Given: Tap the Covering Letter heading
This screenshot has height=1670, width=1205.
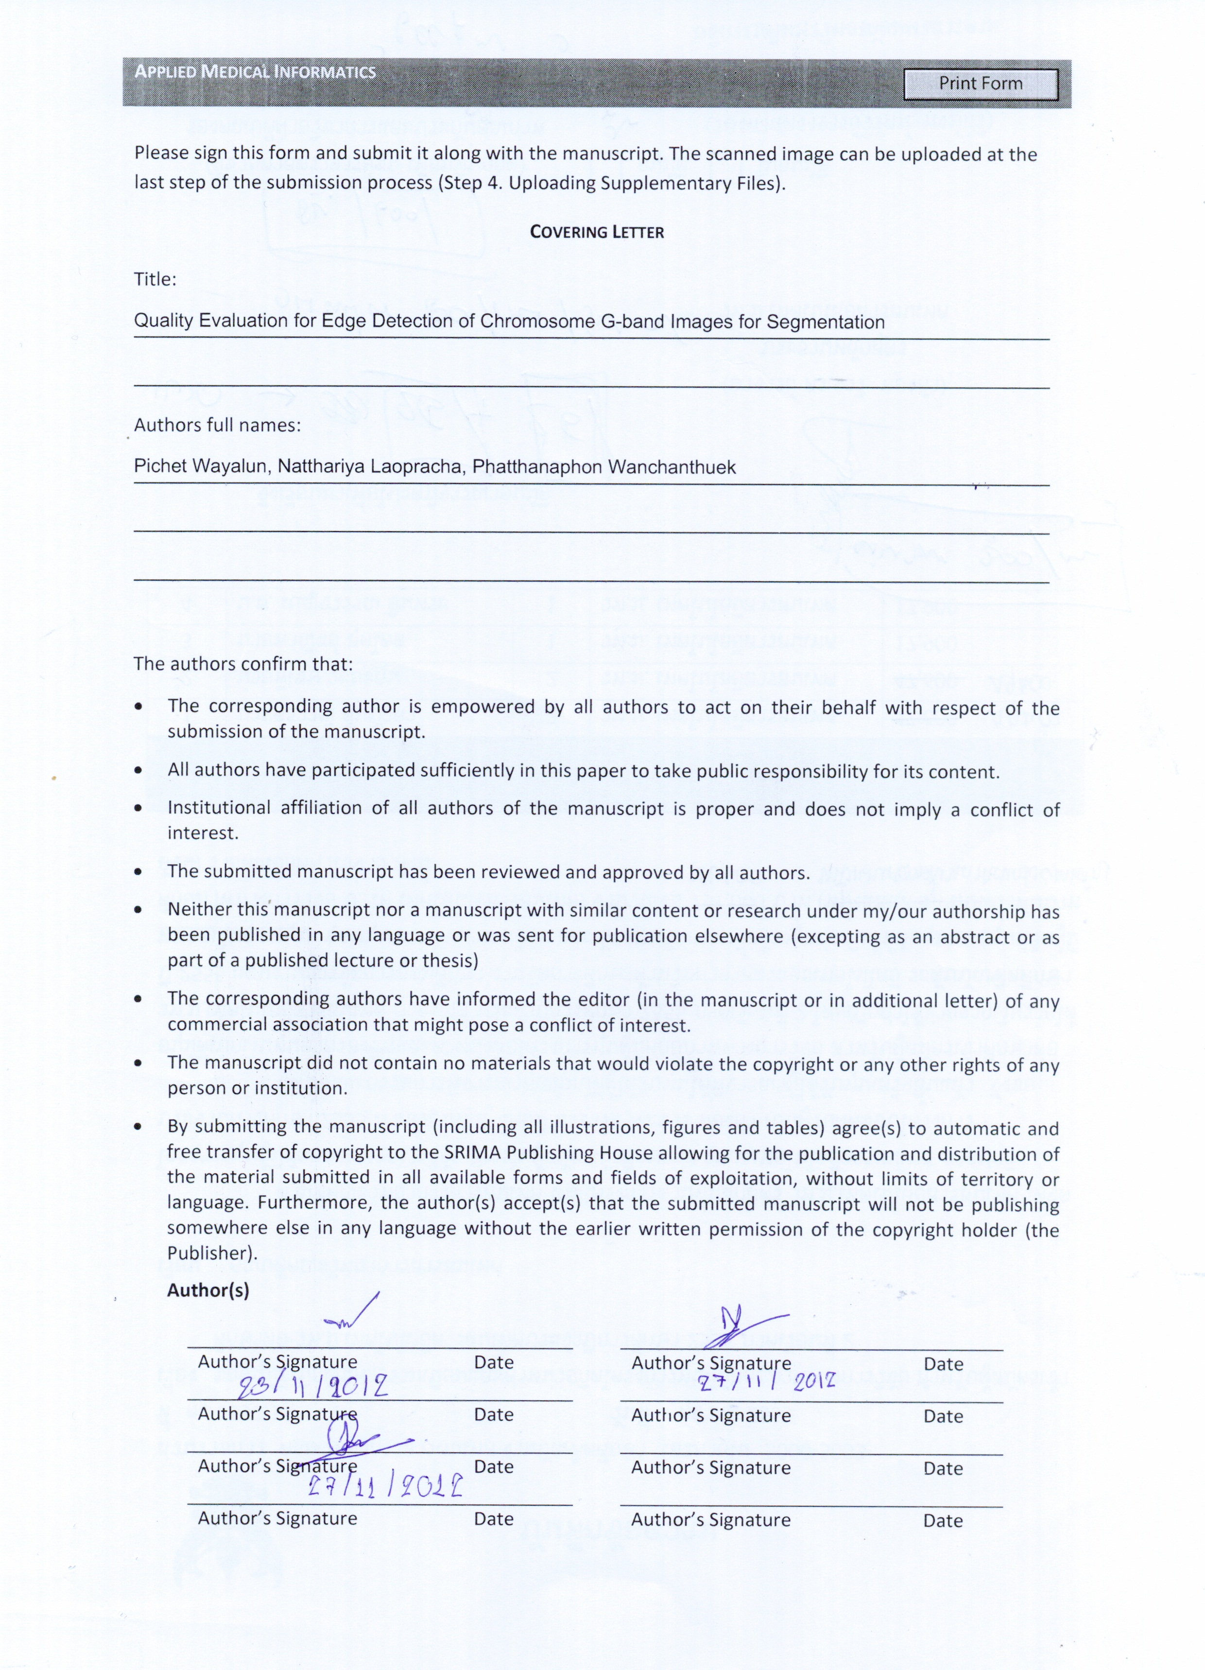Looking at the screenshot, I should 597,232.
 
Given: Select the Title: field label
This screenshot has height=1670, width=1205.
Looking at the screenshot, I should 155,279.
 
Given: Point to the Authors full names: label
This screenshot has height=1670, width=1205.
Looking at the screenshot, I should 217,425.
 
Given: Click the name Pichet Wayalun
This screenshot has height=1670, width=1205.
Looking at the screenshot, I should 200,467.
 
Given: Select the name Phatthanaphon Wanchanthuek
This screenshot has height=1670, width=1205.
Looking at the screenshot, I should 604,467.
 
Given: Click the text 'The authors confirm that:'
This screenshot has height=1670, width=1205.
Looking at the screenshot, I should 243,663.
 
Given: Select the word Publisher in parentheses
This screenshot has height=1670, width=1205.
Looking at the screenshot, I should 209,1253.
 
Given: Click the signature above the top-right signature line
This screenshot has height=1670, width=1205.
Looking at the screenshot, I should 744,1327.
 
